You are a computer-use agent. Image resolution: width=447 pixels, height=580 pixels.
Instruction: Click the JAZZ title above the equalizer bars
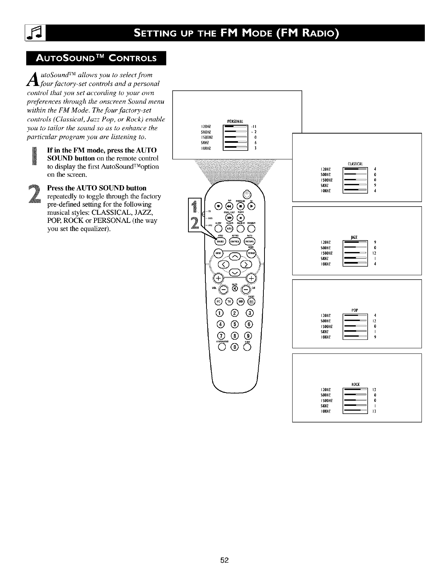355,237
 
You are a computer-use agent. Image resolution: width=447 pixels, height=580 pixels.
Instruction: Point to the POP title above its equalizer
355,309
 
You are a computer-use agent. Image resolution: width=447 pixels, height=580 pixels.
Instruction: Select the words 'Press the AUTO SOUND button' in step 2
97,188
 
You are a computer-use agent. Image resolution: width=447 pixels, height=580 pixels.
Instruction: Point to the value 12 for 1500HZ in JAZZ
374,253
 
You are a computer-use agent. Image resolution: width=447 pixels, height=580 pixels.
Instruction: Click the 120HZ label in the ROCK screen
326,389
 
